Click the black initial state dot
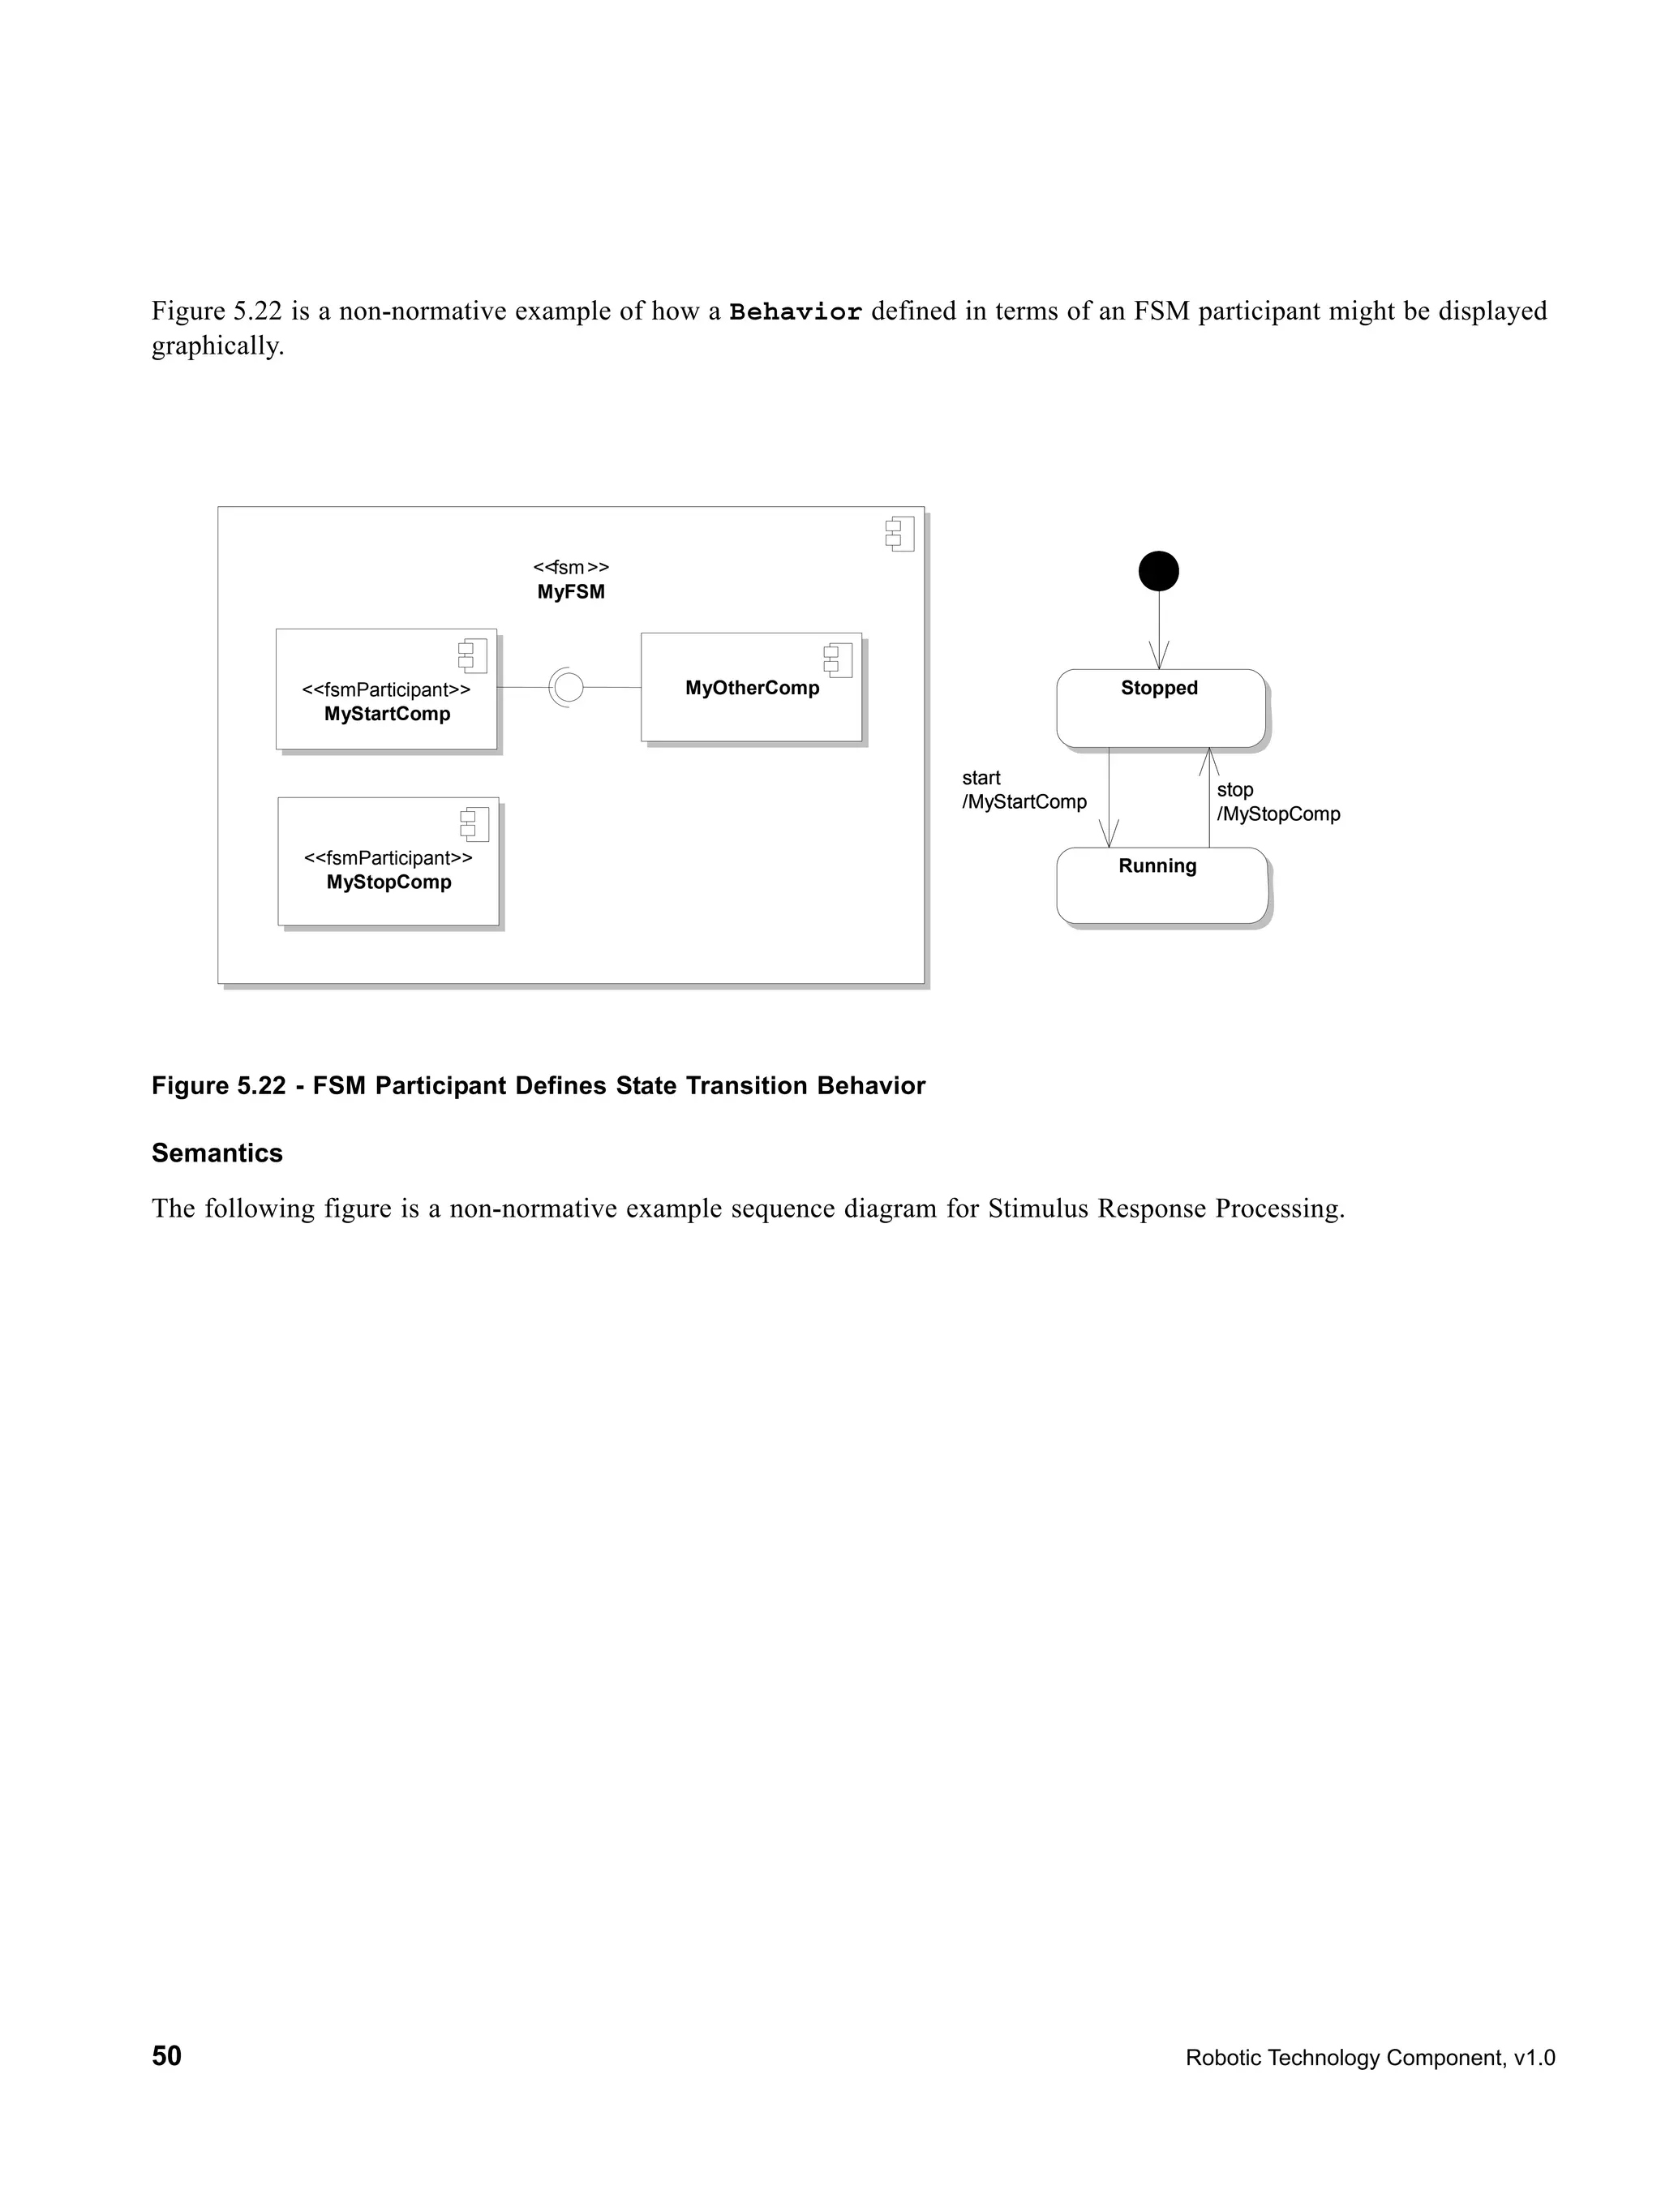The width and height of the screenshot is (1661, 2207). [x=1158, y=572]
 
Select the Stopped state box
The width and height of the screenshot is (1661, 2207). [x=1161, y=708]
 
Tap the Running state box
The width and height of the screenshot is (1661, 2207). [x=1161, y=886]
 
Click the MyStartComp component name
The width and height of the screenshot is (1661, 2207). [x=387, y=715]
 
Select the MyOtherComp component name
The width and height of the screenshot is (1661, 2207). [x=752, y=689]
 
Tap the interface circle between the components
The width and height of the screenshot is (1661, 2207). [x=568, y=688]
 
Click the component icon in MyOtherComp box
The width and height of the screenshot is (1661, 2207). [x=837, y=660]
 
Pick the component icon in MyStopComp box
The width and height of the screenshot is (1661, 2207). [x=474, y=825]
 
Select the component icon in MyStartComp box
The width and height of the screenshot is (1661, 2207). [x=472, y=656]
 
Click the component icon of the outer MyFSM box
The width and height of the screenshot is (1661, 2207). [x=899, y=534]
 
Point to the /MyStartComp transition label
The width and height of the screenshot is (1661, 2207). [x=1024, y=802]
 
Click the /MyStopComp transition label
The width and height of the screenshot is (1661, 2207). [x=1278, y=814]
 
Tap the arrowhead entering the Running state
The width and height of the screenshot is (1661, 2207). [x=1109, y=835]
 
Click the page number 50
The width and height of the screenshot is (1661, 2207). [x=166, y=2056]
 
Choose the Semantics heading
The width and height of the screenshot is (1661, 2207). [x=217, y=1153]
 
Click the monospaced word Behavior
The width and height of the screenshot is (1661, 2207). [x=795, y=312]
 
